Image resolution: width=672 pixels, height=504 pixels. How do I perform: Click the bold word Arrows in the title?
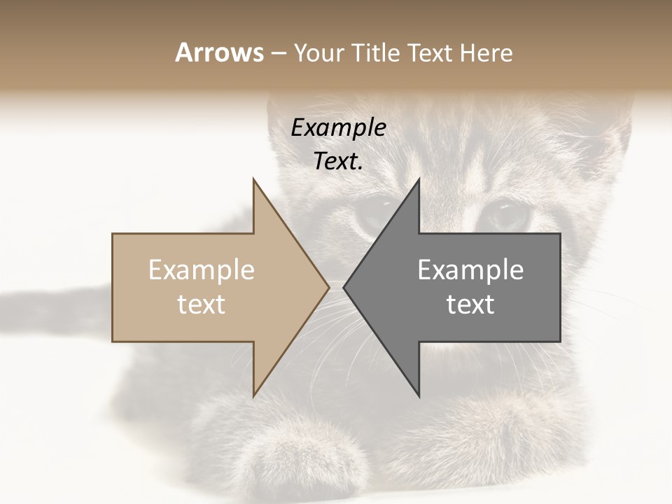(x=219, y=53)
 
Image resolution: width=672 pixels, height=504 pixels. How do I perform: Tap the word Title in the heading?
(x=377, y=53)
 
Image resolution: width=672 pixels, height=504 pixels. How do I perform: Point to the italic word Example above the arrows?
(x=338, y=128)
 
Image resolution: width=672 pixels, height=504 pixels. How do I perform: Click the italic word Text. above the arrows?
(x=338, y=162)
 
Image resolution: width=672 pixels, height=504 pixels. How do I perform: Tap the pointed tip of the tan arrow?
(x=328, y=287)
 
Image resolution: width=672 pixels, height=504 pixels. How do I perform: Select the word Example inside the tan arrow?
(x=202, y=270)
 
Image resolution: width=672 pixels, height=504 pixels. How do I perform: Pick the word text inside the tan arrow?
(x=202, y=304)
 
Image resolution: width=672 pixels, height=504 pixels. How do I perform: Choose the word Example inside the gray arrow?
(x=470, y=270)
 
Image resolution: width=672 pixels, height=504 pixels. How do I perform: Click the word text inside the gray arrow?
(x=470, y=304)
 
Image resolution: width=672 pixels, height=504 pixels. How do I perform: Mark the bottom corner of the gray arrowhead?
(x=419, y=395)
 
